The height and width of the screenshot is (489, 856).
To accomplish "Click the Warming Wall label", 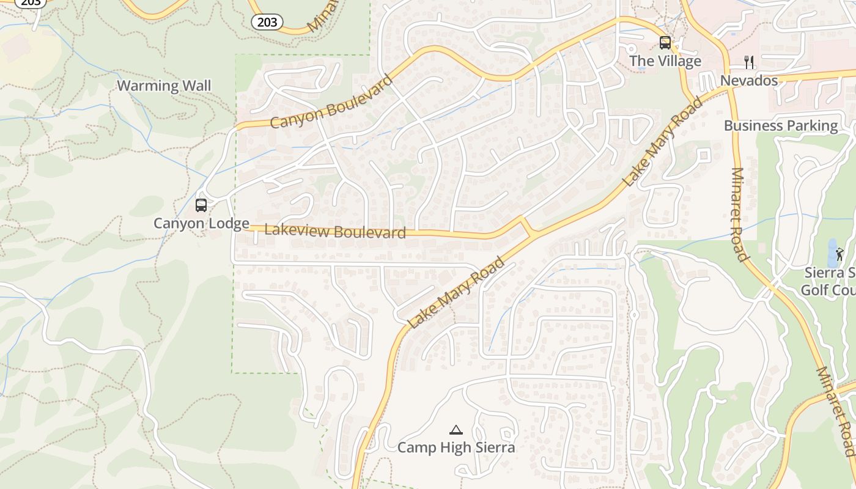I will click(x=164, y=86).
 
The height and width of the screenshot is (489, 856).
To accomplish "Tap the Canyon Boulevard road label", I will click(x=331, y=102).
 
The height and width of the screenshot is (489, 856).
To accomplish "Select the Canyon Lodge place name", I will click(x=201, y=223).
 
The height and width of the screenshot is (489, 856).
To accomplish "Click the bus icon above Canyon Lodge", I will click(x=201, y=205).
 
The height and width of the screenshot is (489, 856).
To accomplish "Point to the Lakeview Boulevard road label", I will click(x=335, y=231).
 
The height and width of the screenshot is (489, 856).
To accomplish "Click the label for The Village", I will click(x=665, y=61).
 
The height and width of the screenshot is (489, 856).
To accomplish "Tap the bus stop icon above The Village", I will click(x=665, y=43).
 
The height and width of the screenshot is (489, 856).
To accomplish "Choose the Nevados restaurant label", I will click(x=749, y=81).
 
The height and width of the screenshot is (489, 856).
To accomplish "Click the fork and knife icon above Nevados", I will click(x=749, y=62).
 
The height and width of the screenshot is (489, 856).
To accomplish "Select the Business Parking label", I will click(x=781, y=126).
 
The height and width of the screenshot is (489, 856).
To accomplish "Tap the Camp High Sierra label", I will click(x=456, y=447).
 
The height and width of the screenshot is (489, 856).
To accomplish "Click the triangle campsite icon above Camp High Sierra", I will click(x=456, y=430).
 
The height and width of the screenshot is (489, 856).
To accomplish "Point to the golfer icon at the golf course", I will click(x=840, y=254).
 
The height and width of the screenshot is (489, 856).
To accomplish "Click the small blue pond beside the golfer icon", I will click(x=832, y=252).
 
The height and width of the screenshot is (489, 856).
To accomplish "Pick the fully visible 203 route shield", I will click(x=267, y=23).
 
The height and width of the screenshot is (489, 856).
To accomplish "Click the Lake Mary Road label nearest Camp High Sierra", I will click(x=457, y=292).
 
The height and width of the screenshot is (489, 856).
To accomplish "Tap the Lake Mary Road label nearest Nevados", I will click(x=663, y=142).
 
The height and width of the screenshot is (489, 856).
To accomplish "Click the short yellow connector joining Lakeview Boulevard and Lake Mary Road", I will click(x=525, y=227).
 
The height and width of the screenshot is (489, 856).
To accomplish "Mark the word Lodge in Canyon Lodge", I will click(x=228, y=223).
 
